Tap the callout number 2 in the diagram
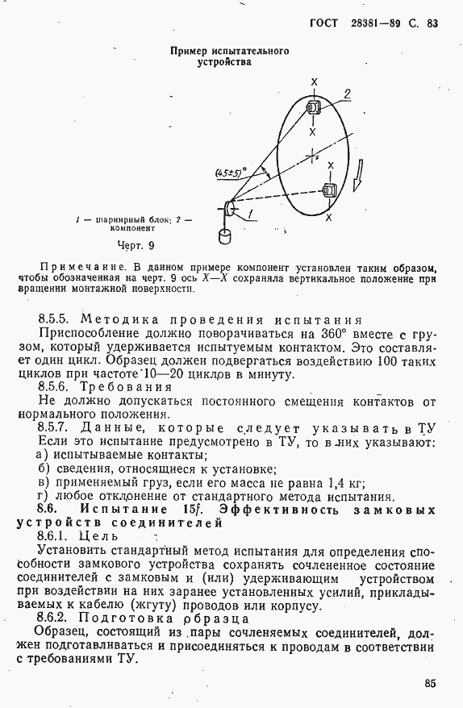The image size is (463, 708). [x=346, y=95]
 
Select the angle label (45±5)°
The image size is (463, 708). [x=230, y=172]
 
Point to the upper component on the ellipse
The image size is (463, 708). [x=313, y=107]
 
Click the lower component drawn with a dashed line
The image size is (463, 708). [x=329, y=190]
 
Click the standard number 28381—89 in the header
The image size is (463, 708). [x=377, y=23]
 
